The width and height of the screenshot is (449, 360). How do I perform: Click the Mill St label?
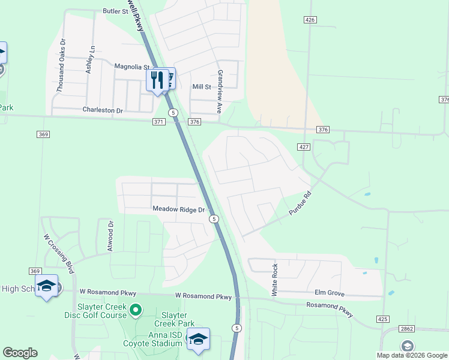pyautogui.click(x=202, y=87)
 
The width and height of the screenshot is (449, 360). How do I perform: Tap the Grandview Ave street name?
pyautogui.click(x=220, y=92)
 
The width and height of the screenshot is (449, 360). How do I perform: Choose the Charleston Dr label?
pyautogui.click(x=102, y=110)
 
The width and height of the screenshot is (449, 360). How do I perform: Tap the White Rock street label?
pyautogui.click(x=274, y=280)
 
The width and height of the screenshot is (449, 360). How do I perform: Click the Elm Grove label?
pyautogui.click(x=329, y=293)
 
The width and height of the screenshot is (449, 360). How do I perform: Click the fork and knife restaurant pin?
pyautogui.click(x=157, y=80)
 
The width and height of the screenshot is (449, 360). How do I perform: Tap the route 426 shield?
pyautogui.click(x=310, y=20)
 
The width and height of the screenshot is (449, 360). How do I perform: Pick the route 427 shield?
pyautogui.click(x=303, y=147)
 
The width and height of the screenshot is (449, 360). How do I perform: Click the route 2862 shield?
pyautogui.click(x=406, y=329)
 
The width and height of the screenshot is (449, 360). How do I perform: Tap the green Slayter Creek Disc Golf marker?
pyautogui.click(x=136, y=310)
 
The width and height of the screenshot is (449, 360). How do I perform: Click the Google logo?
pyautogui.click(x=20, y=353)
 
